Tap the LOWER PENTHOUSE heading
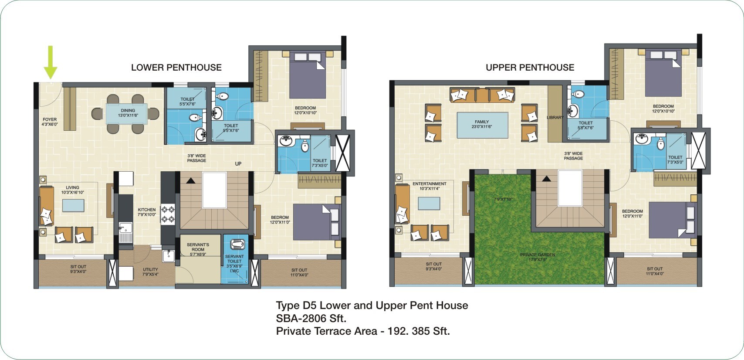point(176,68)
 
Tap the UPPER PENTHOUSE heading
point(530,68)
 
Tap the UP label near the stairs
point(238,164)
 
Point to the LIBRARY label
point(555,118)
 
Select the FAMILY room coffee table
point(482,125)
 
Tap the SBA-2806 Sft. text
point(311,318)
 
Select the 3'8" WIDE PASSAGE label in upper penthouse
point(573,156)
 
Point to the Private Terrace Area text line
point(363,331)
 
